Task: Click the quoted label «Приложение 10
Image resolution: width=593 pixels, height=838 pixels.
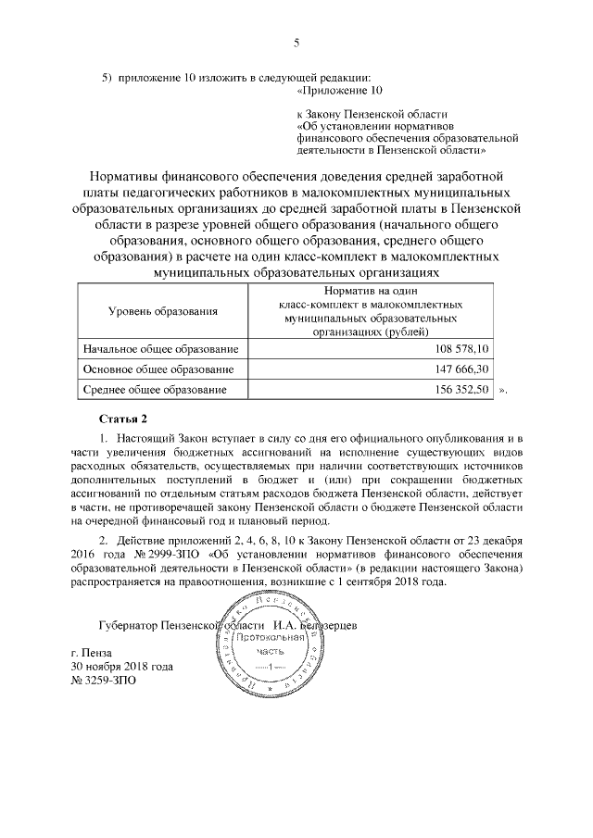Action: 339,90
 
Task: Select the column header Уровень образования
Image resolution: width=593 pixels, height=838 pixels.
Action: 163,312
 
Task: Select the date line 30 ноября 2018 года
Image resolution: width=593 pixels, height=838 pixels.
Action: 122,666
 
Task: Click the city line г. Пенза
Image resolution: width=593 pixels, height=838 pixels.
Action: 97,652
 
